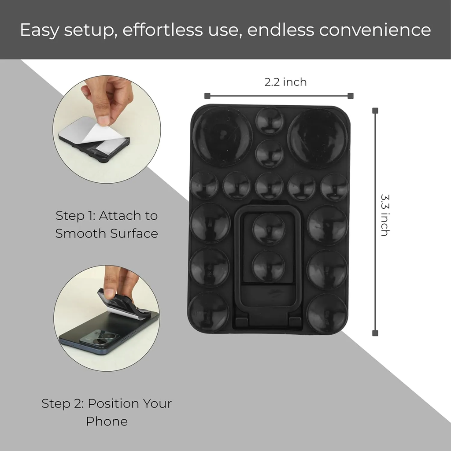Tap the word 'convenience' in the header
pyautogui.click(x=375, y=30)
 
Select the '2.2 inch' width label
pyautogui.click(x=285, y=82)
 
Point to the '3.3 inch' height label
pyautogui.click(x=385, y=215)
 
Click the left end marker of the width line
pyautogui.click(x=207, y=96)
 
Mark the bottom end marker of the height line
pyautogui.click(x=375, y=333)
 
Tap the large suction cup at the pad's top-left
pyautogui.click(x=222, y=136)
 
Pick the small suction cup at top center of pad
pyautogui.click(x=270, y=121)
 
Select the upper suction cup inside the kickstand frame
pyautogui.click(x=269, y=229)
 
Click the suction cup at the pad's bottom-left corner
pyautogui.click(x=208, y=312)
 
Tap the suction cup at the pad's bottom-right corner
pyautogui.click(x=327, y=314)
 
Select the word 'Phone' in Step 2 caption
pyautogui.click(x=107, y=421)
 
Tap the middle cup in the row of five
pyautogui.click(x=269, y=186)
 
